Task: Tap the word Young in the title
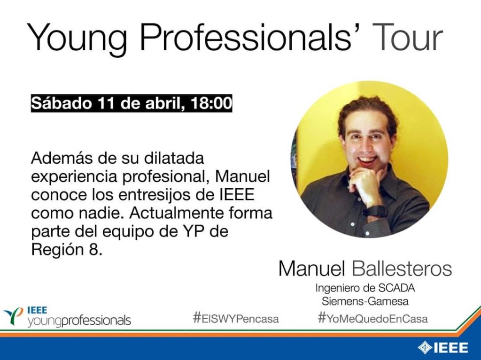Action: (x=77, y=40)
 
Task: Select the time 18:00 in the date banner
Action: (x=211, y=103)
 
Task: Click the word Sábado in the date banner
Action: (x=62, y=103)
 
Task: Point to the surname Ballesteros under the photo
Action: (x=402, y=268)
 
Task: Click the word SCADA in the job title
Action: (x=396, y=288)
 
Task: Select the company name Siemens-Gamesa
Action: (x=365, y=301)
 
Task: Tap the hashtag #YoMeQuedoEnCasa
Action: (x=372, y=319)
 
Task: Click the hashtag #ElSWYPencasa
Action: (x=236, y=319)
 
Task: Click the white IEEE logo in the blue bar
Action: (x=442, y=348)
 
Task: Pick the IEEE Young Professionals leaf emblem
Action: (x=13, y=316)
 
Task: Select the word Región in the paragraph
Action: (x=56, y=250)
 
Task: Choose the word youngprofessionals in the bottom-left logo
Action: (x=79, y=321)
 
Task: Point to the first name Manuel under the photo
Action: (x=312, y=268)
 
